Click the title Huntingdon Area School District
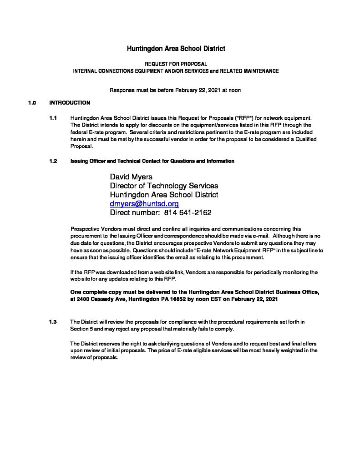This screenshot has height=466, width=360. [175, 47]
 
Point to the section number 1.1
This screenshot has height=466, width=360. [53, 118]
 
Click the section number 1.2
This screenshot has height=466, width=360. [53, 161]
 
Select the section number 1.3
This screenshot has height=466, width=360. [53, 322]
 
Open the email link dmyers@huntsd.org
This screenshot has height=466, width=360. [141, 204]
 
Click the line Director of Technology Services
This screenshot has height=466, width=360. [164, 186]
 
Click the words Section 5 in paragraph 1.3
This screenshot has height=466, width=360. [82, 329]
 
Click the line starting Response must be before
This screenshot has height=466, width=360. [175, 90]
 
